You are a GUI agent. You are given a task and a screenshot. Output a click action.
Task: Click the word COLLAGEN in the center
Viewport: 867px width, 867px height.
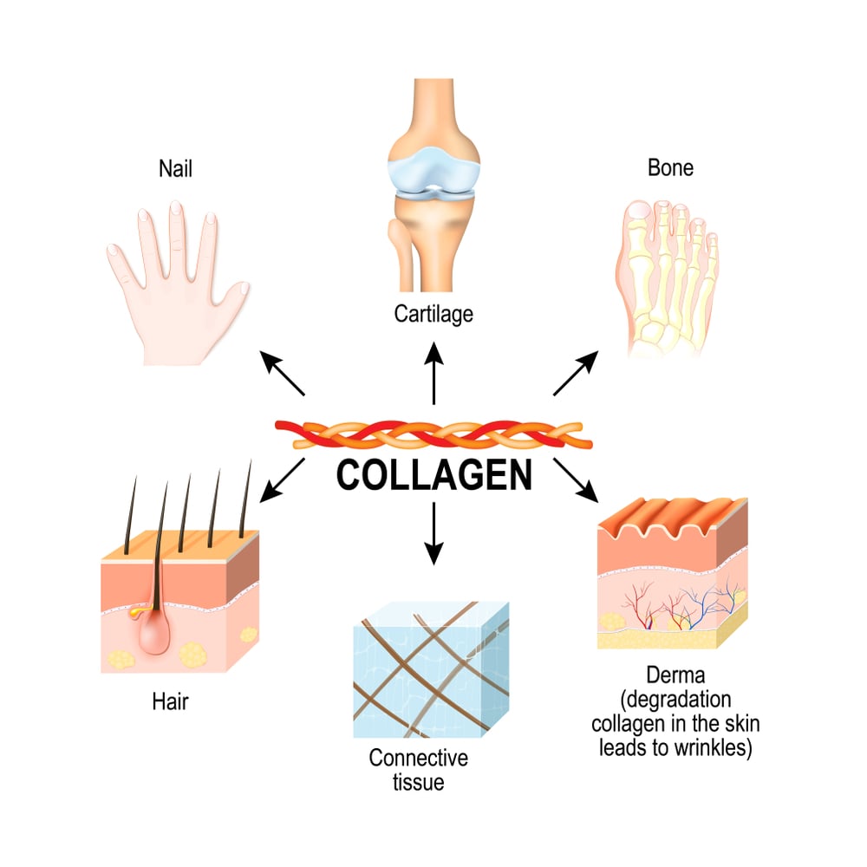click(x=433, y=475)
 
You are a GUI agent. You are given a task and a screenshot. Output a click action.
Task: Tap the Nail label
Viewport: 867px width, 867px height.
click(x=176, y=167)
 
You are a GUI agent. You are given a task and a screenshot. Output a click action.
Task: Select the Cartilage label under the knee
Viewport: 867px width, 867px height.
click(x=433, y=313)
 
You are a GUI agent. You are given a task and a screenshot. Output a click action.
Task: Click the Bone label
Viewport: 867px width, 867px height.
click(x=670, y=167)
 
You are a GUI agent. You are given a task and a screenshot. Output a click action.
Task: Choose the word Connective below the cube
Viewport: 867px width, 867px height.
click(x=418, y=758)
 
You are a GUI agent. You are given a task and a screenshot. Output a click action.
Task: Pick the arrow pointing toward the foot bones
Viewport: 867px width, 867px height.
click(x=576, y=374)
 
